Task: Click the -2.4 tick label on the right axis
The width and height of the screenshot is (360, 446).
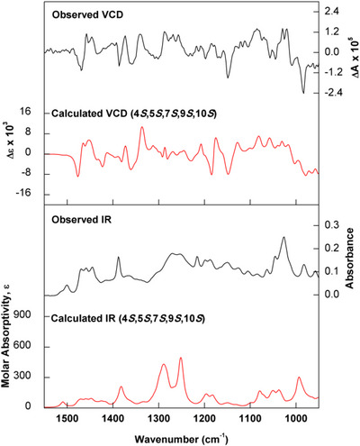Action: pos(333,92)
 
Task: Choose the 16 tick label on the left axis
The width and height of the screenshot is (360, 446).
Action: pos(25,113)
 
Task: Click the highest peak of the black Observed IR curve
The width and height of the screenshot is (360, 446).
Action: pos(283,238)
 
